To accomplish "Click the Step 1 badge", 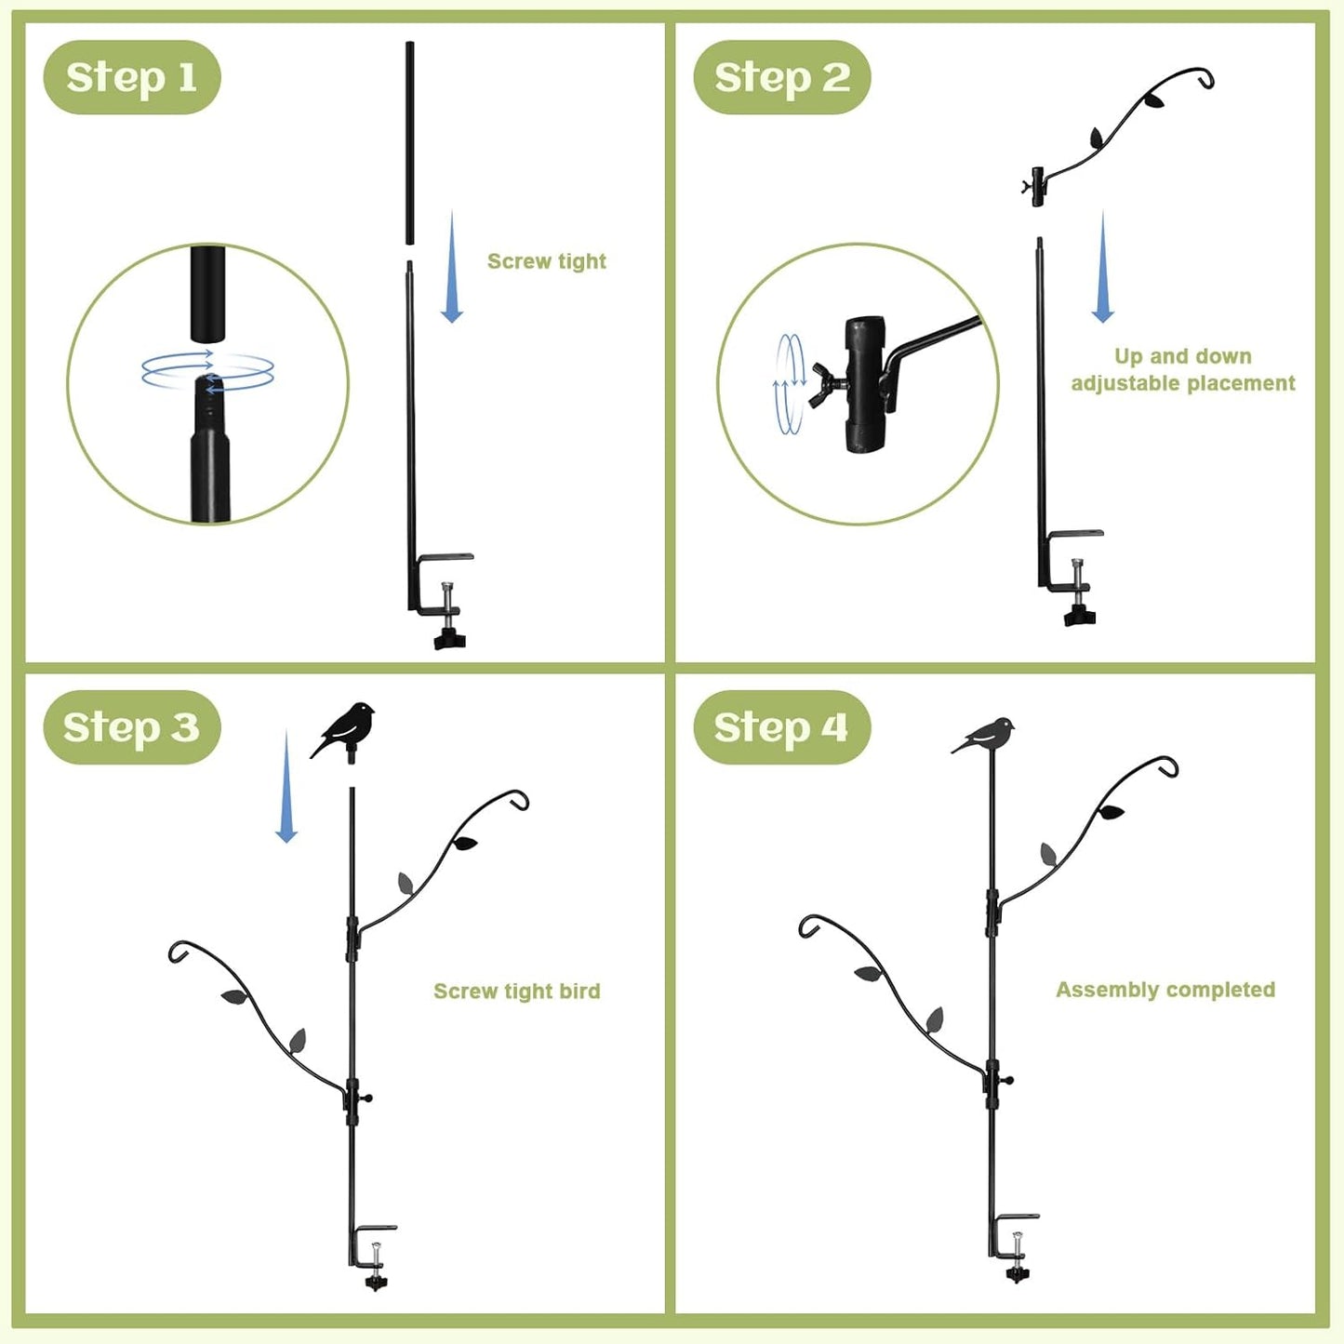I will pos(132,77).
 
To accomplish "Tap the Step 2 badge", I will pos(781,77).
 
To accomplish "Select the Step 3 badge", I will pos(131,727).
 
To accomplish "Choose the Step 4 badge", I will pos(781,727).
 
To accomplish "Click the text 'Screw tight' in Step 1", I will pos(547,261).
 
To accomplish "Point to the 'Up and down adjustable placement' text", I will pos(1182,370).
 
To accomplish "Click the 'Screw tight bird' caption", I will pos(517,991).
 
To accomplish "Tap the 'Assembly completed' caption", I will pos(1165,990).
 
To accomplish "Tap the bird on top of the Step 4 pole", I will pos(986,734).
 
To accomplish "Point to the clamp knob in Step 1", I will pos(449,638).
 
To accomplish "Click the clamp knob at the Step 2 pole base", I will pos(1080,615).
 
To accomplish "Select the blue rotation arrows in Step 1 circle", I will pos(207,370).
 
